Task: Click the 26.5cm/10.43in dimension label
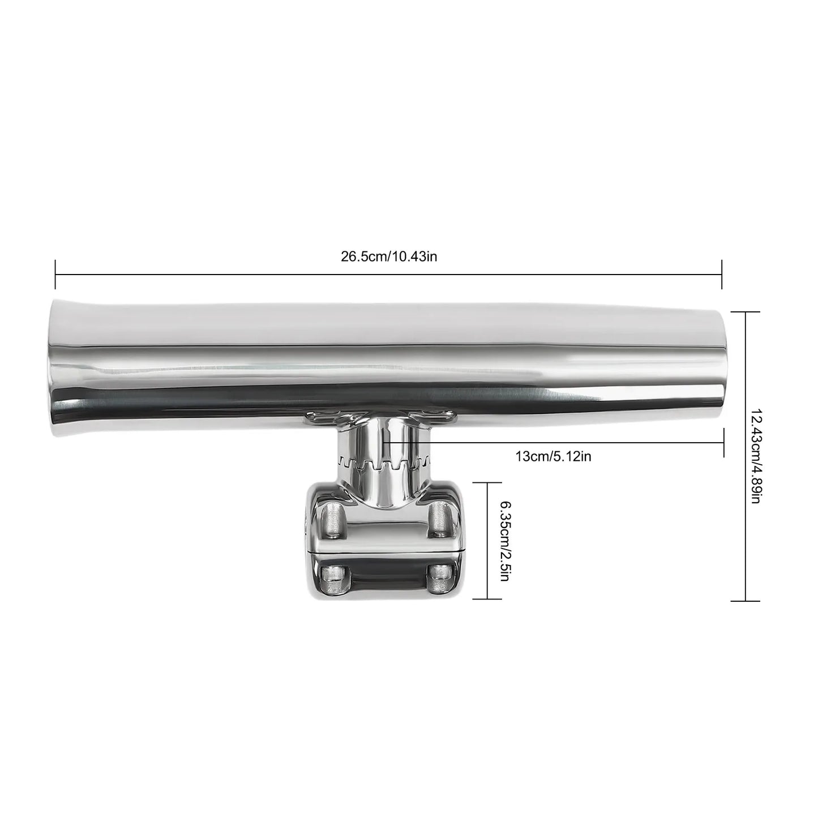[388, 257]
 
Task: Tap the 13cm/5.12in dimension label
[553, 456]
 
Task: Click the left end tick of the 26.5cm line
[55, 275]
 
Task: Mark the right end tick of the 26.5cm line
[722, 275]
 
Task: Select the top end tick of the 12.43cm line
[744, 312]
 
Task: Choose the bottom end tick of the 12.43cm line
[744, 600]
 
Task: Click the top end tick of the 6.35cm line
[488, 483]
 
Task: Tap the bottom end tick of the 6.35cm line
[488, 598]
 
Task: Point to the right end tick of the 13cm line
[724, 442]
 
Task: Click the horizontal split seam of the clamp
[385, 550]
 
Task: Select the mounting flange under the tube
[380, 419]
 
